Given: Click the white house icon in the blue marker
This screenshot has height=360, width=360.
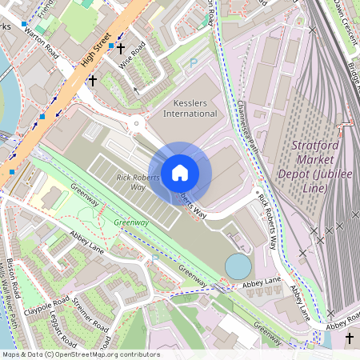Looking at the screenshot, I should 179,172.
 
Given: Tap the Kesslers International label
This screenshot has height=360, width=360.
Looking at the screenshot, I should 190,108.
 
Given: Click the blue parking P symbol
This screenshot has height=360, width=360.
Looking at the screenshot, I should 192,63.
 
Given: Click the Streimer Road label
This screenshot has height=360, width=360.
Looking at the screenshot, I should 90,314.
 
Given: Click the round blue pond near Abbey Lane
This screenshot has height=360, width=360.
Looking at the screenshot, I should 237,265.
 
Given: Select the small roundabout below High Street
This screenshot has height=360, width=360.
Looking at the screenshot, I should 137,124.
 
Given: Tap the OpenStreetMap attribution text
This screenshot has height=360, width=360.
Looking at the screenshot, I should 80,354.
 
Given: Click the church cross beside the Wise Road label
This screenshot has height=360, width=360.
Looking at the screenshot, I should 120,49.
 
